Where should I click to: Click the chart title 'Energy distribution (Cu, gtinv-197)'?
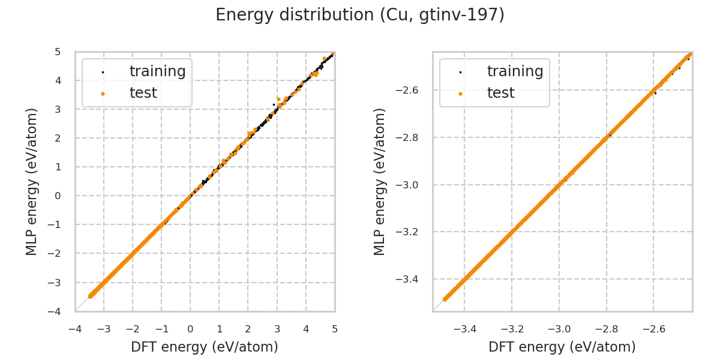(360, 15)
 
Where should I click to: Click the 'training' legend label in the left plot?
(157, 71)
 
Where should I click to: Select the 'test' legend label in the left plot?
(143, 93)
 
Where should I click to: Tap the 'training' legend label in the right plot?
(515, 71)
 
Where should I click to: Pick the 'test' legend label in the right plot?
(500, 93)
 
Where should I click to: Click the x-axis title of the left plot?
(205, 347)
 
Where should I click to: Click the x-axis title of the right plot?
(562, 347)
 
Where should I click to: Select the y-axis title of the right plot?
(380, 181)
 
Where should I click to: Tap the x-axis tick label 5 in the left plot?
(335, 329)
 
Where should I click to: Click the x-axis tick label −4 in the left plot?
(75, 329)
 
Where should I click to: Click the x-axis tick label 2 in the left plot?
(248, 329)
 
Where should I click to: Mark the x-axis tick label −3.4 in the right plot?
(464, 329)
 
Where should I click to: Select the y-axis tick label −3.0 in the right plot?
(411, 185)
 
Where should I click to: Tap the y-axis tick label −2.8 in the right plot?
(411, 137)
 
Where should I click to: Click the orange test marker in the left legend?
(103, 94)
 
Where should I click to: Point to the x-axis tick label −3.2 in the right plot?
(512, 329)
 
